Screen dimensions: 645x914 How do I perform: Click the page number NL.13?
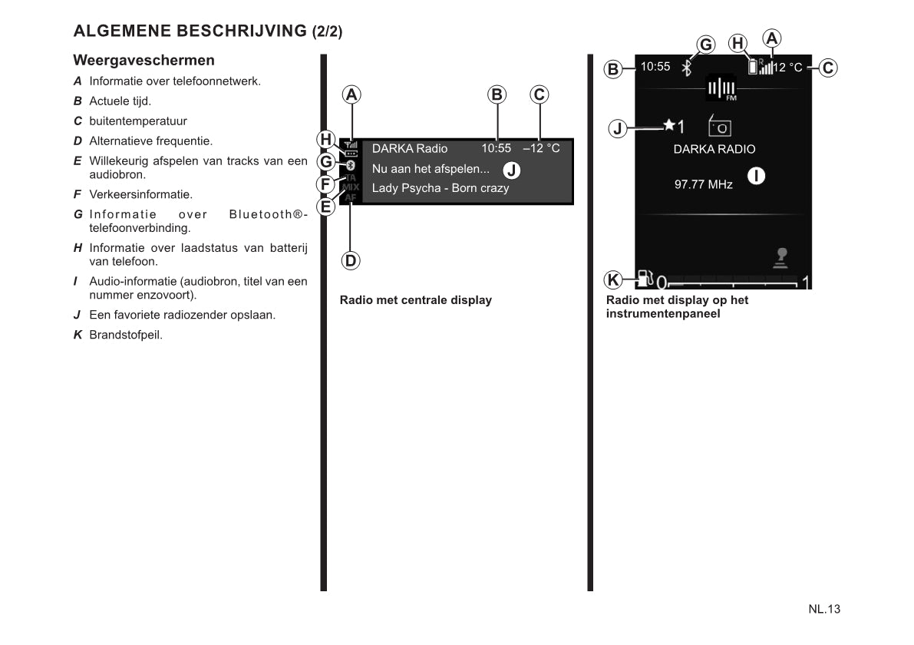824,609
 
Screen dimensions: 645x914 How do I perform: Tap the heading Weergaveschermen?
144,60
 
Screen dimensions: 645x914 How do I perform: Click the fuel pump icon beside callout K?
643,279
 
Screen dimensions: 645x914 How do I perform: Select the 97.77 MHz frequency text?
703,184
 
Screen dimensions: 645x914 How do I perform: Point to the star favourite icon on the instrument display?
669,124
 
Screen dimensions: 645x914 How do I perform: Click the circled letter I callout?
757,176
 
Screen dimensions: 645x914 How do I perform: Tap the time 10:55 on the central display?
496,148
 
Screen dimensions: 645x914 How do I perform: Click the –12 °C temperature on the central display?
541,148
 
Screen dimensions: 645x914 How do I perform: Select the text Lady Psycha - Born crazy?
440,188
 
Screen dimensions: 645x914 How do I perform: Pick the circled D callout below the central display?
351,260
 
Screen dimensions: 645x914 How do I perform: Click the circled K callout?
613,278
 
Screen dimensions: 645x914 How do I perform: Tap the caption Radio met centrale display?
415,300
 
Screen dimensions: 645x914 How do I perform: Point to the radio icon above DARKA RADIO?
720,125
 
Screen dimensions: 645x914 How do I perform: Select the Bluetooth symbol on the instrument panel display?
687,68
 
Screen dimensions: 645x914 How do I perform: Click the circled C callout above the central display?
539,94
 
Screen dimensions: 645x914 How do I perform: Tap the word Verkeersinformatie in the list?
140,194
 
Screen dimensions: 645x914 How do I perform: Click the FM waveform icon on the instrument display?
721,88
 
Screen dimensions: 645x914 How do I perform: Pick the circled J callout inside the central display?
512,170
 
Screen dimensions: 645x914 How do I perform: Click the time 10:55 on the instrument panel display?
655,67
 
